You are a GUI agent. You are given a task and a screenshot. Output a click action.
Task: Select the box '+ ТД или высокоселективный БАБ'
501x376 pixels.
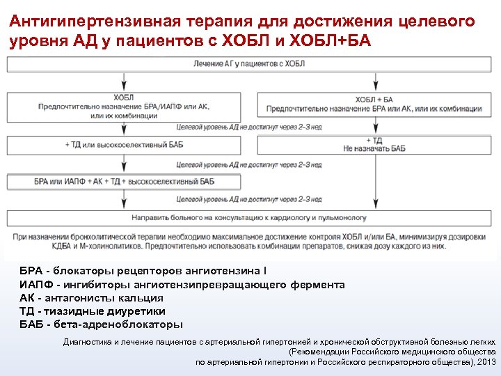124,145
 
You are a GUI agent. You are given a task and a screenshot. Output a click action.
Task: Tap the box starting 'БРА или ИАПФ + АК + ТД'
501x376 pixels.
124,182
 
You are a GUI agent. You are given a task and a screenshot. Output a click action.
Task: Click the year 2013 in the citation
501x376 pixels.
485,362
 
